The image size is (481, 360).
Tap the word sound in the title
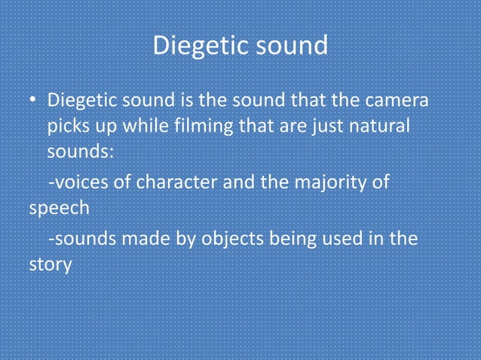290,47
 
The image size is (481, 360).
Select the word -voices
74,183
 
